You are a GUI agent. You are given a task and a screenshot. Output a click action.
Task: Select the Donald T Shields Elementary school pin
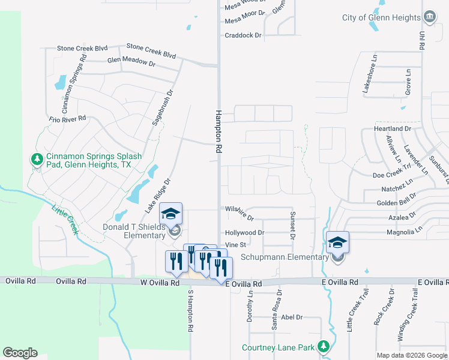(170, 214)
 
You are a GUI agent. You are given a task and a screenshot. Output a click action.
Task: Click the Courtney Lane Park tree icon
(324, 347)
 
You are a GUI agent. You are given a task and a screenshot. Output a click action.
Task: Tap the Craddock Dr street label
(243, 35)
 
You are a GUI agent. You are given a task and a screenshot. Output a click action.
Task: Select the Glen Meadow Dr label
(131, 61)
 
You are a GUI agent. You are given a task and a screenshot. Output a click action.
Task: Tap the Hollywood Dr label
(244, 233)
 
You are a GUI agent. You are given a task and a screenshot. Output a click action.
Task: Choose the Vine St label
(235, 245)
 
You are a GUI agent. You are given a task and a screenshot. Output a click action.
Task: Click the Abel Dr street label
(291, 317)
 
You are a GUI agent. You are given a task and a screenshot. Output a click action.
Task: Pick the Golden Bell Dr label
(397, 203)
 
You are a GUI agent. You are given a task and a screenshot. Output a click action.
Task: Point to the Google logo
(20, 353)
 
